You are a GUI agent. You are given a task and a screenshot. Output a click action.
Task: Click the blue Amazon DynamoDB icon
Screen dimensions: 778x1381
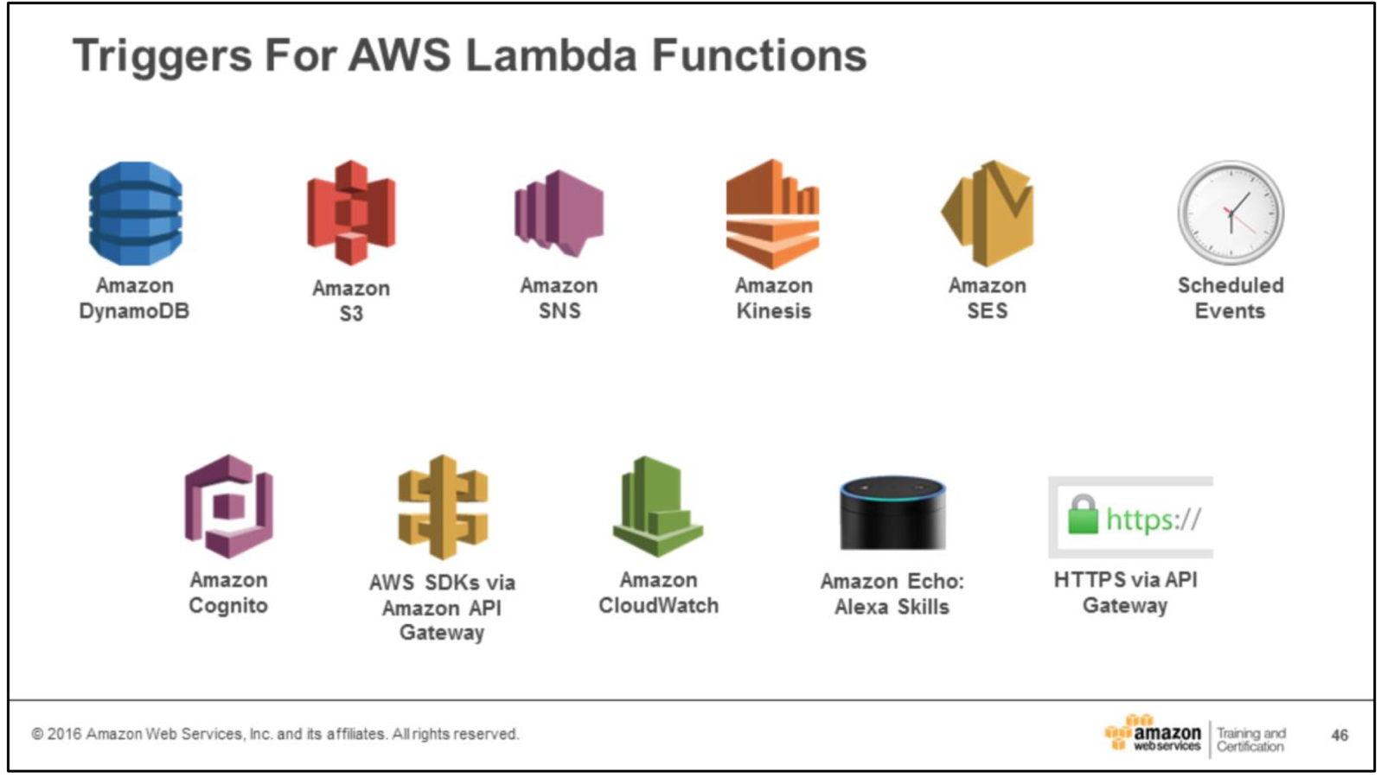pos(135,213)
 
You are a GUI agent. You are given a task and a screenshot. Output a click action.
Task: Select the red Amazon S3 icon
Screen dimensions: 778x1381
pos(351,213)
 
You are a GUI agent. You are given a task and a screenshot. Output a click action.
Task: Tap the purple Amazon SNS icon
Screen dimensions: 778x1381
pos(559,213)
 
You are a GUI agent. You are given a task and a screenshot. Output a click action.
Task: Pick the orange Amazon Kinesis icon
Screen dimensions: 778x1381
pos(772,214)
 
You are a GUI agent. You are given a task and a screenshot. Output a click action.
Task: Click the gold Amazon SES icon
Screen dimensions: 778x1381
pos(988,214)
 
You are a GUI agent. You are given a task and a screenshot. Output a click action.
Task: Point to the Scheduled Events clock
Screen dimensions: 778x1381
pos(1231,213)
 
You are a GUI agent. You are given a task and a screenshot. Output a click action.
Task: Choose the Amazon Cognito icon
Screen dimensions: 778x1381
pos(228,507)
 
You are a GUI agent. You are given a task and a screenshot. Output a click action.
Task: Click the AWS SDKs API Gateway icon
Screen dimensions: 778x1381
pos(443,507)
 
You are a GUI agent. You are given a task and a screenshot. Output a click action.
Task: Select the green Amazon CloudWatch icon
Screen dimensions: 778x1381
pos(657,506)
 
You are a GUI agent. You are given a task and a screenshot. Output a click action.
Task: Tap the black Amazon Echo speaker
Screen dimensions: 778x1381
pos(892,512)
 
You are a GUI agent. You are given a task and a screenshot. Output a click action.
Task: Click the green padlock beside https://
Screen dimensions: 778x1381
pos(1082,515)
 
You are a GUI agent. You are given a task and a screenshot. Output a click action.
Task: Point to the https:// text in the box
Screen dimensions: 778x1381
pos(1154,519)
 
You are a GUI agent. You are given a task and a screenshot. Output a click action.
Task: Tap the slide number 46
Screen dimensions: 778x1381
pos(1339,735)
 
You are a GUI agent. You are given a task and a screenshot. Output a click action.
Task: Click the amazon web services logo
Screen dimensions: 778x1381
pos(1154,734)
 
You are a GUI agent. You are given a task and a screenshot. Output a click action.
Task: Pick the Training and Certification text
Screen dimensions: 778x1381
pos(1250,740)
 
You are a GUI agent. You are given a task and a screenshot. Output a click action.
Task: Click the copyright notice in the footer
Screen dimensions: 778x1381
pos(275,734)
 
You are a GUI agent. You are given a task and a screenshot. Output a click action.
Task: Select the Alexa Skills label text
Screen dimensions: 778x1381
pos(892,607)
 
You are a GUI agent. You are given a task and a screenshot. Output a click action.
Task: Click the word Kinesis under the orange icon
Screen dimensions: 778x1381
pos(774,311)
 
